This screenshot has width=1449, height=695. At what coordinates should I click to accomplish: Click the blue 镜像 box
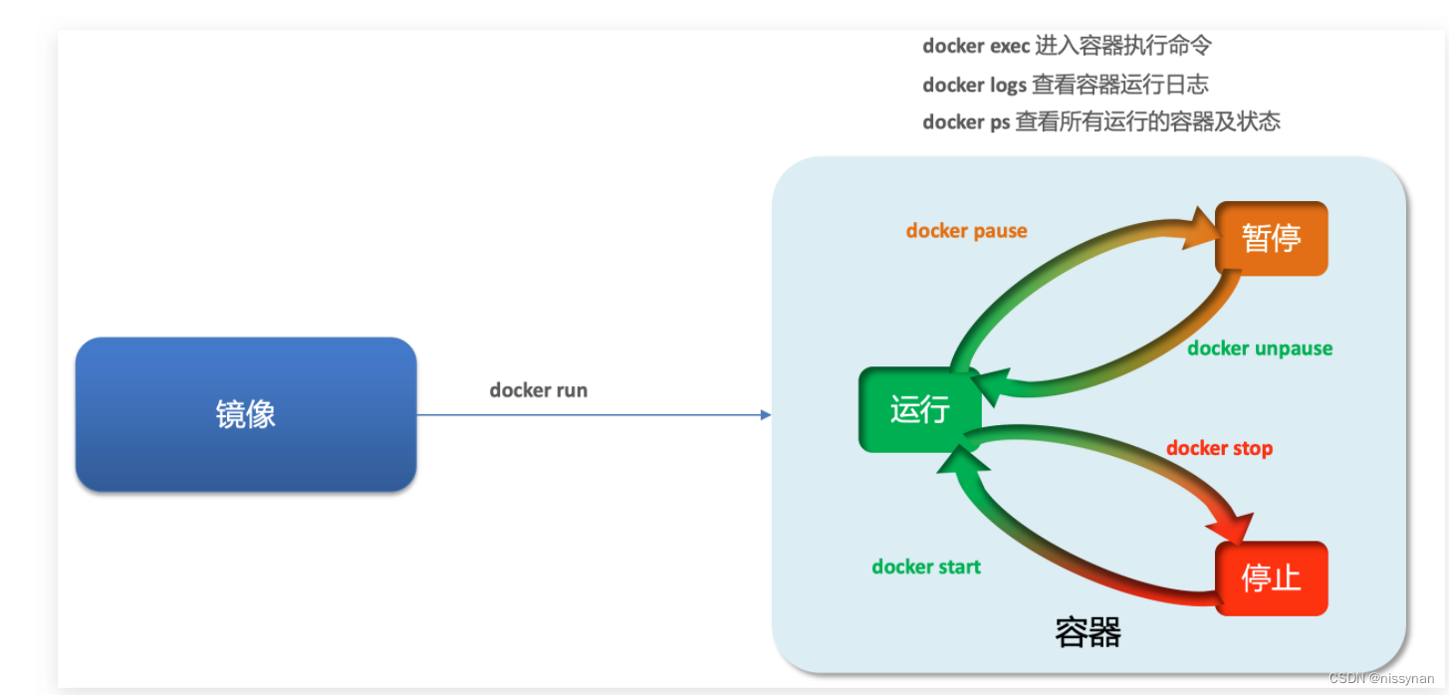pos(245,414)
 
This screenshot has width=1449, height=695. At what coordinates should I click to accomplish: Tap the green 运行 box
pos(919,409)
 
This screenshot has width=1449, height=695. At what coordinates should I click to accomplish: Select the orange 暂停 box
pos(1271,239)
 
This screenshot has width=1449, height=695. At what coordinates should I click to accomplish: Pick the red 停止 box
pos(1271,579)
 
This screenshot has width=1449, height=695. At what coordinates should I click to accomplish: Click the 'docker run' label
pos(538,390)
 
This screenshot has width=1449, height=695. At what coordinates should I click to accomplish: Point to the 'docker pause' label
pos(966,231)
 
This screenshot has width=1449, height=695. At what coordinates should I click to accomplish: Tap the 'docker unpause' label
pos(1260,348)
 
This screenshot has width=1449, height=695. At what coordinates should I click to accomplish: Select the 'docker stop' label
pos(1219,448)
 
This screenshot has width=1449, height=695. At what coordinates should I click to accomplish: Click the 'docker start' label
pos(926,567)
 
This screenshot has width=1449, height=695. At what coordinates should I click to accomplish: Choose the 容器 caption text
pos(1087,631)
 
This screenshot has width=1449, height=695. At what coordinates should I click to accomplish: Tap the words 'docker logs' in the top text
pos(974,85)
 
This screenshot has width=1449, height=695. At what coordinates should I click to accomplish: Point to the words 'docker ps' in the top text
pos(966,122)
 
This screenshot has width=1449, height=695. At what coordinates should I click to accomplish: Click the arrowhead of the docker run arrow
pos(766,414)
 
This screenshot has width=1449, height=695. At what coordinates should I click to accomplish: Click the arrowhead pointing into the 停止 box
pos(1237,529)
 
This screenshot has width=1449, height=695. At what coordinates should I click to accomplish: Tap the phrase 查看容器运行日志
pos(1119,85)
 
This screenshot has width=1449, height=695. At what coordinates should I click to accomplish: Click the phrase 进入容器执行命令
pos(1122,46)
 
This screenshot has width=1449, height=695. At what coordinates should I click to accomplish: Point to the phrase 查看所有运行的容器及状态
pos(1147,122)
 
